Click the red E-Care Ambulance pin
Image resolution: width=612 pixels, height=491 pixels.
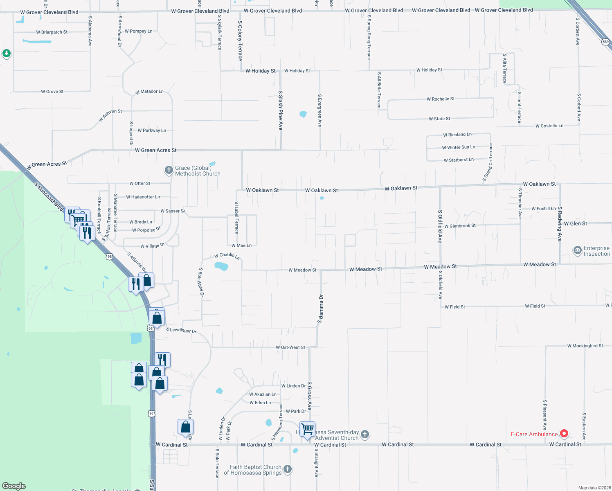[564, 433]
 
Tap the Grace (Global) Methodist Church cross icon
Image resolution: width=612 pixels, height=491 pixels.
[169, 170]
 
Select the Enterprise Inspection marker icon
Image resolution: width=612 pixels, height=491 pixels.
[577, 250]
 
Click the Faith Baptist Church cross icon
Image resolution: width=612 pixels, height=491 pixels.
[288, 469]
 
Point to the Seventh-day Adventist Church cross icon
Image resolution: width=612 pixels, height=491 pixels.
[364, 434]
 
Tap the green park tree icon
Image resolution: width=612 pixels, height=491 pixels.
[6, 53]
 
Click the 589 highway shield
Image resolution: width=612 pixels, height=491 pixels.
[605, 42]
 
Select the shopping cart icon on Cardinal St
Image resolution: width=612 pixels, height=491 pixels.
[307, 429]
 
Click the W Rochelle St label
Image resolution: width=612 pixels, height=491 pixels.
[441, 99]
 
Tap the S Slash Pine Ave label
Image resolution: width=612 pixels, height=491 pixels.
[281, 110]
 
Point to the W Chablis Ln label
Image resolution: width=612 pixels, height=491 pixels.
[227, 256]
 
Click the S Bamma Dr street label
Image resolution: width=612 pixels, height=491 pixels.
[321, 309]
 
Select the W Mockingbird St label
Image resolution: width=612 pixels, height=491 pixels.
[585, 346]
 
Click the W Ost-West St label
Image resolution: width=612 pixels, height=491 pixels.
[290, 347]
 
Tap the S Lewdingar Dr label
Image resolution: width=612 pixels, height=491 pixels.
[181, 330]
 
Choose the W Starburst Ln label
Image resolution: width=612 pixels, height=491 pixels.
[459, 160]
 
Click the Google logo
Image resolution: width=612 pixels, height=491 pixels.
[14, 486]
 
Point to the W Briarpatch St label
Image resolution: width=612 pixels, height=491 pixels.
[52, 32]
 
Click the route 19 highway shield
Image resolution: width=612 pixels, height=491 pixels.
[152, 414]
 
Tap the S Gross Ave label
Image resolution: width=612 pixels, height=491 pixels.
[309, 396]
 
